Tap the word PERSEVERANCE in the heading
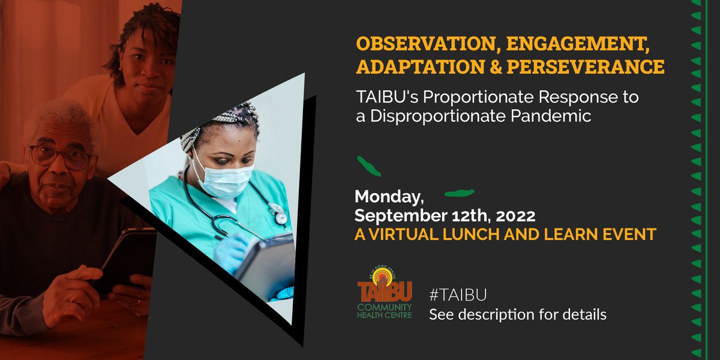[586, 67]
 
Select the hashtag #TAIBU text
[457, 295]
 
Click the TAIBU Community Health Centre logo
[385, 292]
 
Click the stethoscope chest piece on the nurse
[278, 212]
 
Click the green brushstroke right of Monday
[459, 193]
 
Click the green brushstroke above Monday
[368, 166]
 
